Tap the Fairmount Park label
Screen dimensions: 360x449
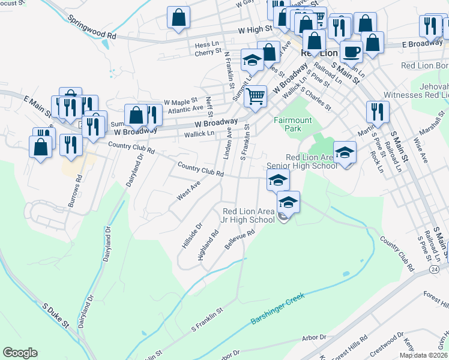pos(293,124)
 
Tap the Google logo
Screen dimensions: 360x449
pos(20,353)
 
